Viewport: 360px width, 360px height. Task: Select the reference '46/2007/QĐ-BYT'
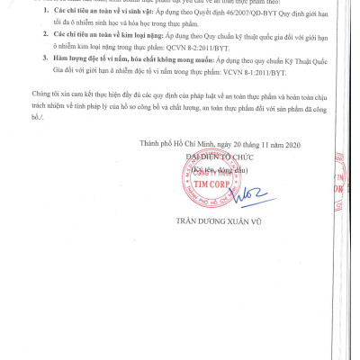[x=221, y=18]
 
